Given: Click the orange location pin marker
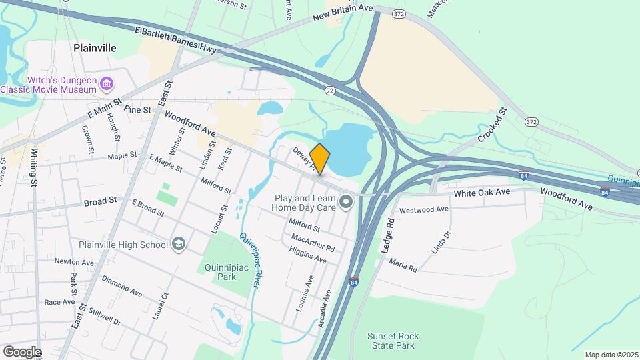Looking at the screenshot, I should click(x=320, y=159).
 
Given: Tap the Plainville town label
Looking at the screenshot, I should click(x=95, y=48).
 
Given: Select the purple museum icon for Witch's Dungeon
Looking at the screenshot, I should click(x=107, y=84).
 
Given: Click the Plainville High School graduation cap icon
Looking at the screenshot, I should click(x=178, y=245).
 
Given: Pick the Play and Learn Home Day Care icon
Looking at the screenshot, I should click(x=345, y=201).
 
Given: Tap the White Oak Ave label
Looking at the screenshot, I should click(x=482, y=193).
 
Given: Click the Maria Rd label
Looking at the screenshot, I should click(x=403, y=265).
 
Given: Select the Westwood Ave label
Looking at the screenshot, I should click(x=423, y=210).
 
